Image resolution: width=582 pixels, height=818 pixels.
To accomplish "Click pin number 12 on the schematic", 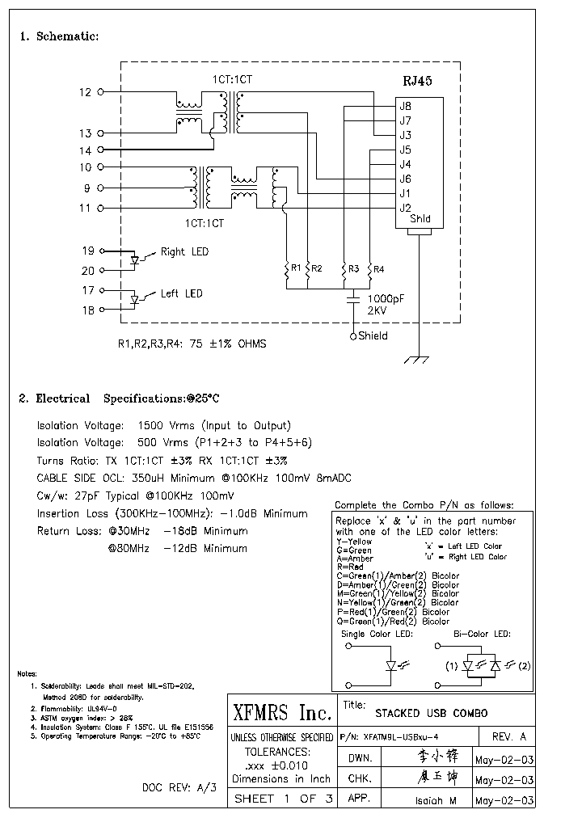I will [86, 92].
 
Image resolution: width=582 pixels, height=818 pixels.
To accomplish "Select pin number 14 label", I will [86, 150].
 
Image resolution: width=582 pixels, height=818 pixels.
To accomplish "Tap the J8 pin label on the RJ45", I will [405, 106].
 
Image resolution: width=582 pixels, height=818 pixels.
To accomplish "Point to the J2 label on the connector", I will [405, 208].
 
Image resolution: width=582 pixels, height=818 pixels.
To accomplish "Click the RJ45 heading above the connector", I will [417, 81].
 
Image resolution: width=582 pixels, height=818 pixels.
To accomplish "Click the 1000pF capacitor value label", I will [386, 298].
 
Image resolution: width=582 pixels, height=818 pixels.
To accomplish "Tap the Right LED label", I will [184, 252].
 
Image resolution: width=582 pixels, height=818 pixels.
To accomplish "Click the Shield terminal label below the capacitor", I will [373, 336].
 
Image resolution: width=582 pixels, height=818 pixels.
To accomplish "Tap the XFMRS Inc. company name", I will [281, 714].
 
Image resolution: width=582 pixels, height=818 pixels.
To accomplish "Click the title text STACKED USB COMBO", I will [431, 714].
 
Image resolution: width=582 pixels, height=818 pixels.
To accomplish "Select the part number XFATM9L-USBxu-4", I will [403, 737].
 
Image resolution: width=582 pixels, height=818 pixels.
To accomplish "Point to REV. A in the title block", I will [508, 737].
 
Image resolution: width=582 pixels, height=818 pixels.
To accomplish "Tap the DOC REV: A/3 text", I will [179, 786].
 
